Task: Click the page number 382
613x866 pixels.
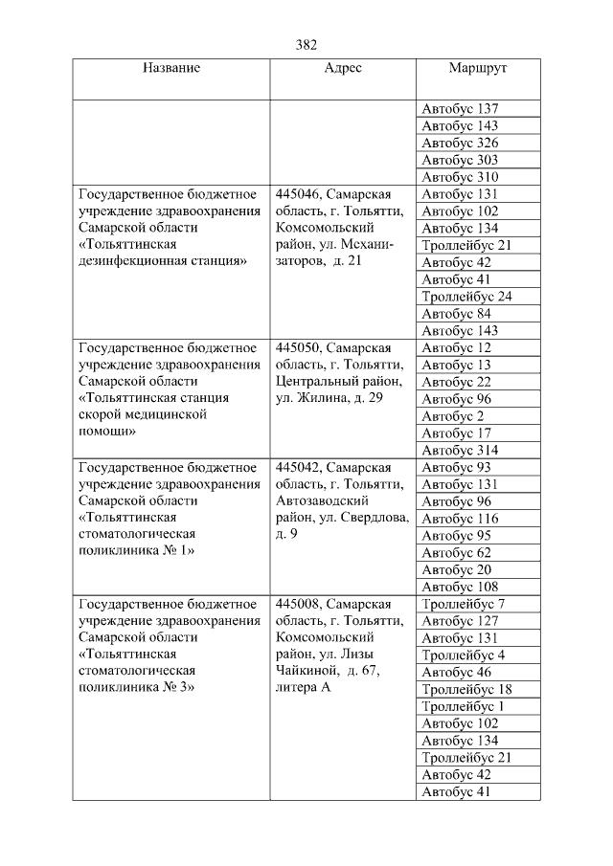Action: point(306,45)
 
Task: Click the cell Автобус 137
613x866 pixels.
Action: point(460,109)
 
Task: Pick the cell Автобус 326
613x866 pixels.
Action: point(460,144)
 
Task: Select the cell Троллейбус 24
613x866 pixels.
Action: point(466,297)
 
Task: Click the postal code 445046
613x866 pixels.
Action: point(299,194)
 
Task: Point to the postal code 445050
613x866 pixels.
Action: point(299,348)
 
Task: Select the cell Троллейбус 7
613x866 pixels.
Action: point(463,604)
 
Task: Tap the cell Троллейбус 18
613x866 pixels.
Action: point(466,689)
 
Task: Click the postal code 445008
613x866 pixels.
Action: point(299,604)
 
